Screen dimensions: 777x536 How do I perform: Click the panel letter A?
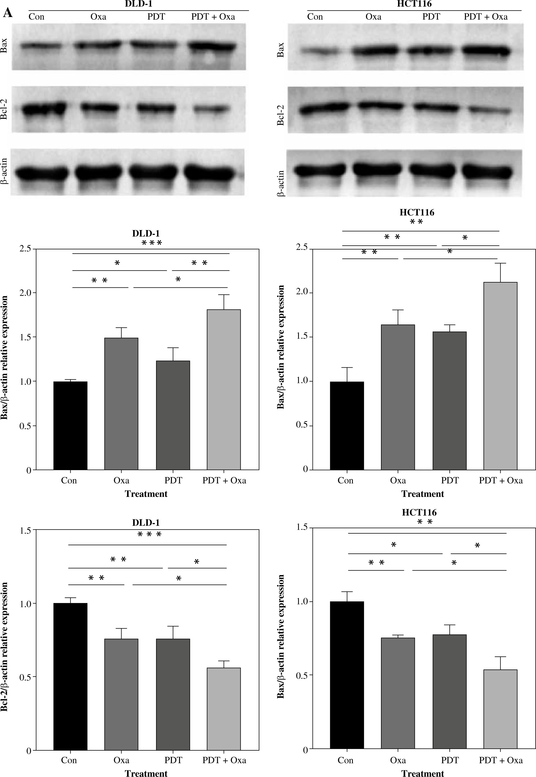tap(7, 13)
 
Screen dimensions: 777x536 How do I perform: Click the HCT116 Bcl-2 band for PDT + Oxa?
tap(490, 110)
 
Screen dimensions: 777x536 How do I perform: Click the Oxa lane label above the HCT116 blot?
tap(373, 17)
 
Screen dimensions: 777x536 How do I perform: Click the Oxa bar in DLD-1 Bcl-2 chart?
tap(121, 694)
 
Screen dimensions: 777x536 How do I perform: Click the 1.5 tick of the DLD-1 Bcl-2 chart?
tap(25, 530)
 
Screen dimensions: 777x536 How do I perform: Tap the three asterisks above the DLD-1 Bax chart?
tap(152, 243)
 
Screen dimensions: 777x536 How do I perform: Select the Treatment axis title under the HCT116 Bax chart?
tap(422, 494)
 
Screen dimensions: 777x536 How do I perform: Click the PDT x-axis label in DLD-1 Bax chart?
tap(173, 481)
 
